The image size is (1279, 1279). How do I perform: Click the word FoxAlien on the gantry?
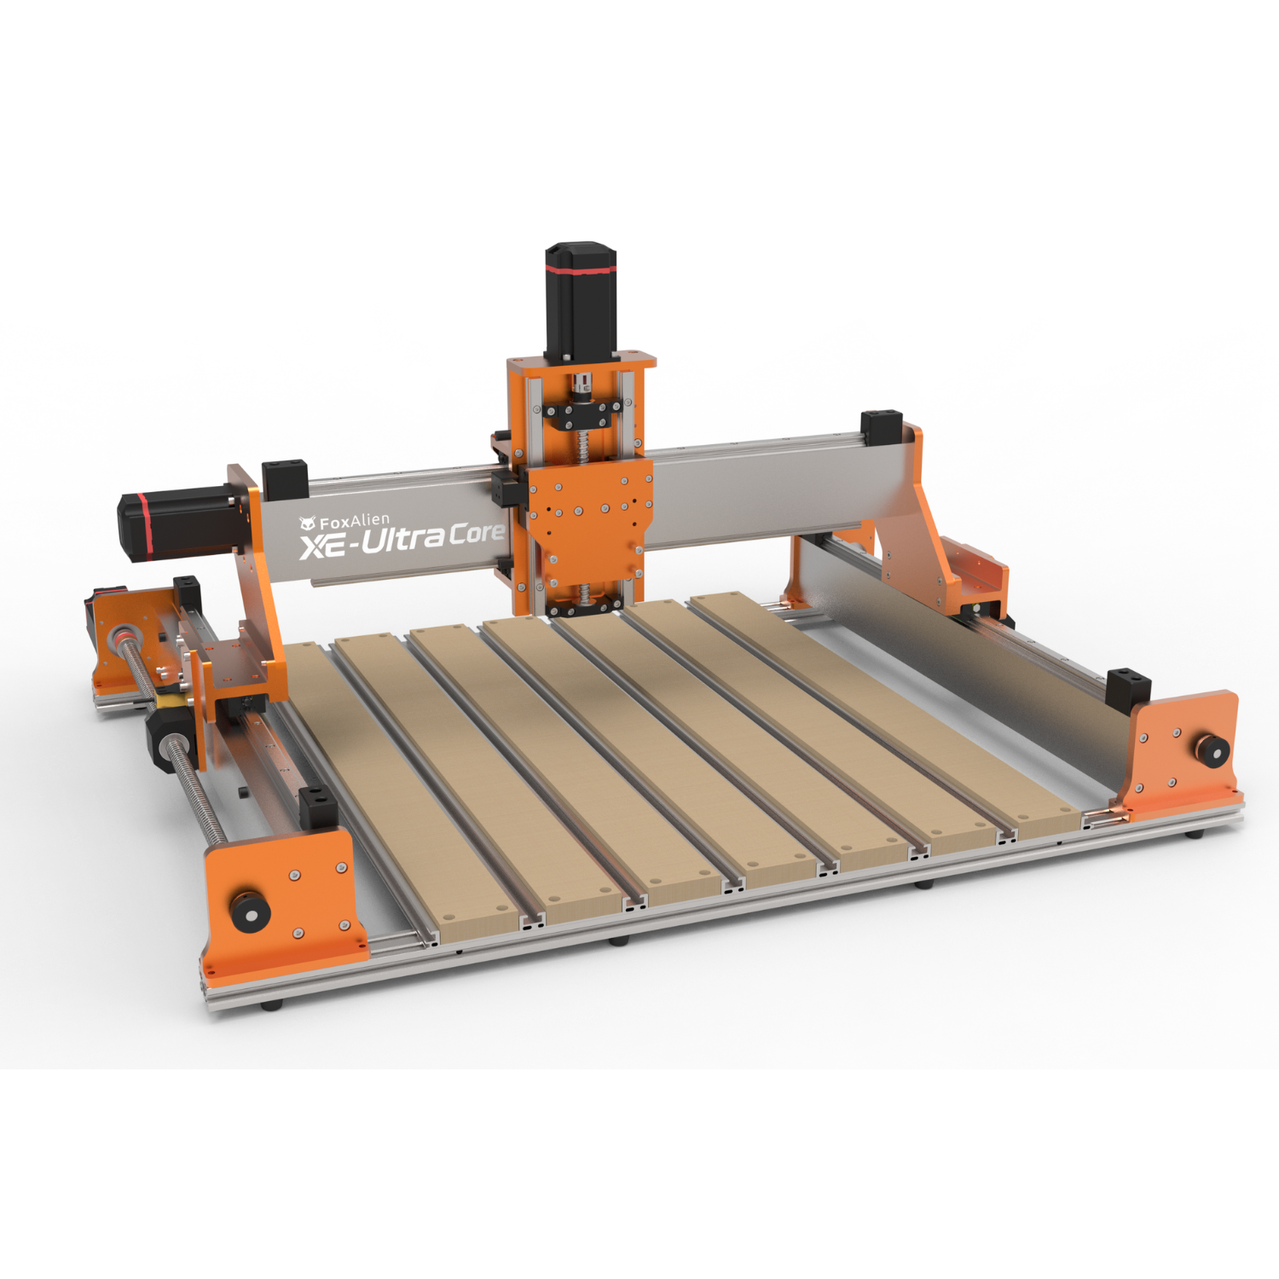354,521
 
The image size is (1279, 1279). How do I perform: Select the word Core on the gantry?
476,535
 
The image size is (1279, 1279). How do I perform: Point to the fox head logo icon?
307,524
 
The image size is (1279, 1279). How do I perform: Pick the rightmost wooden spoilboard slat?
878,708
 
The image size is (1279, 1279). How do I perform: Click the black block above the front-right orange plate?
1127,689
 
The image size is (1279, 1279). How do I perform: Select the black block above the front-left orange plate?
317,807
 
